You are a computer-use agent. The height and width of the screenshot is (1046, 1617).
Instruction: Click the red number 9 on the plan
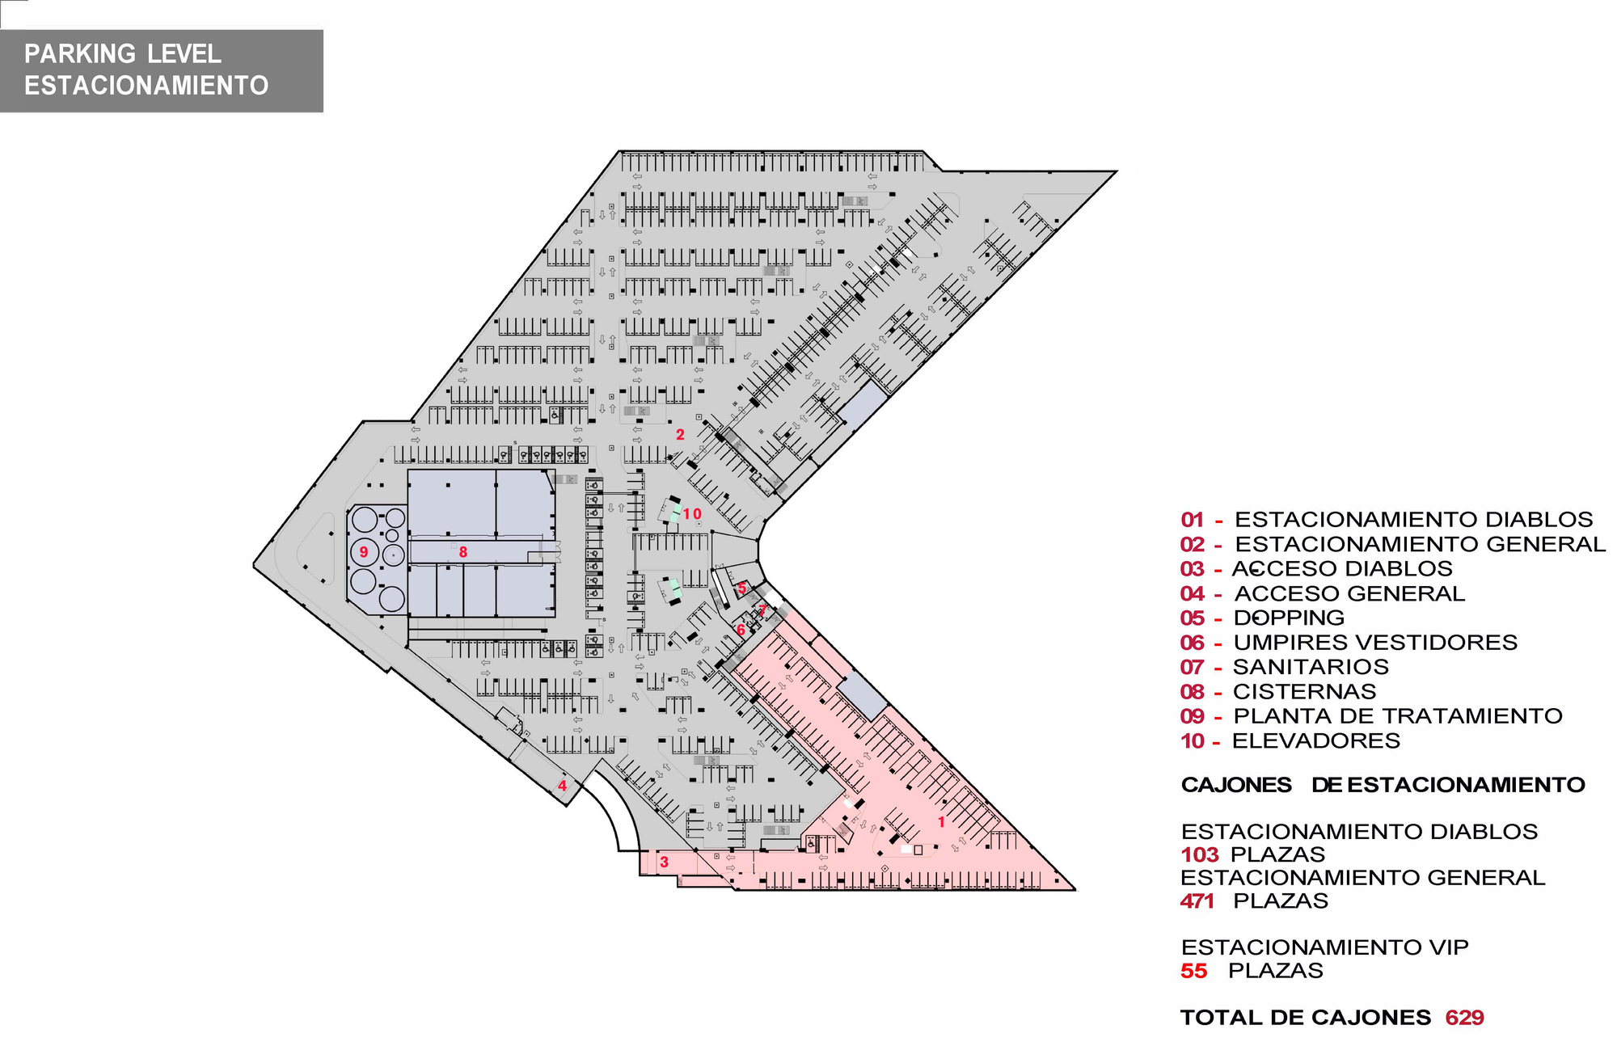coord(364,552)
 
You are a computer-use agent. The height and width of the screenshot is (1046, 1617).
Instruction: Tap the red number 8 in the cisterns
coord(463,552)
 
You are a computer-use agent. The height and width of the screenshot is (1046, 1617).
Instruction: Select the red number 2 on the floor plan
coord(680,435)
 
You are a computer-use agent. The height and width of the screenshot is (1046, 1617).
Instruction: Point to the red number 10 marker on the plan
coord(692,514)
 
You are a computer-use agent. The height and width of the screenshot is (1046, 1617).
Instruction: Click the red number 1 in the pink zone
coord(941,822)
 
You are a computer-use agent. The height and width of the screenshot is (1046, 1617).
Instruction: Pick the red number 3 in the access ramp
coord(664,862)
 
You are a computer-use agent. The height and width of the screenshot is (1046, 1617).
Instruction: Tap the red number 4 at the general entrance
coord(562,785)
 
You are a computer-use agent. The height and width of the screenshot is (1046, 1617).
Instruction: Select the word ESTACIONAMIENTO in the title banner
coord(146,85)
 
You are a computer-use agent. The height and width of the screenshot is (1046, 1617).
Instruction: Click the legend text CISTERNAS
coord(1304,692)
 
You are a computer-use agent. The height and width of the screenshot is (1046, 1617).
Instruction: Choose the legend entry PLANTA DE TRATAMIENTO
coord(1398,716)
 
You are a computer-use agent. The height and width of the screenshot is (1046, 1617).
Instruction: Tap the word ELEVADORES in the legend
coord(1316,740)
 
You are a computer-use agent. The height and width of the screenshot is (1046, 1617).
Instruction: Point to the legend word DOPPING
coord(1289,618)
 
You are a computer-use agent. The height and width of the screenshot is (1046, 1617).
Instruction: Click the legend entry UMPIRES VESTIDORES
coord(1375,643)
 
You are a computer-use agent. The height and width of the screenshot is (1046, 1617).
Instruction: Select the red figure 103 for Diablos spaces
coord(1199,854)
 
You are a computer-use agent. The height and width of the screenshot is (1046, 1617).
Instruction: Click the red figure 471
coord(1197,900)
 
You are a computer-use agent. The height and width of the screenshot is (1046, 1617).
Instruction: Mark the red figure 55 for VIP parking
coord(1193,971)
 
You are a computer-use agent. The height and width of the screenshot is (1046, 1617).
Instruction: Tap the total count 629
coord(1464,1018)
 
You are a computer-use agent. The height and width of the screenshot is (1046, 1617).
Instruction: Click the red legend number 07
coord(1193,668)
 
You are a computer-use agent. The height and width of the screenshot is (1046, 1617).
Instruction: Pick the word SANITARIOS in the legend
coord(1311,668)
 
